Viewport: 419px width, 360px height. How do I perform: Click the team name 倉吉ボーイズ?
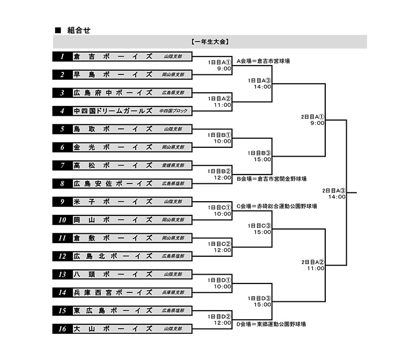tap(113, 57)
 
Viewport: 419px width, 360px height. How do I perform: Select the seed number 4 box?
tap(62, 111)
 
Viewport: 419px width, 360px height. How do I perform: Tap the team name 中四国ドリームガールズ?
tap(113, 111)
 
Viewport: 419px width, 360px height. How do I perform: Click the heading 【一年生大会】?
tap(210, 41)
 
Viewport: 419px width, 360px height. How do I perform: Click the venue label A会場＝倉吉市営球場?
tap(263, 61)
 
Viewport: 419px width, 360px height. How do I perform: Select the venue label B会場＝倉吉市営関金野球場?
tap(271, 179)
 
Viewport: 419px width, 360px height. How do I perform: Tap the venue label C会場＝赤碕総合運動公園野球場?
tap(277, 206)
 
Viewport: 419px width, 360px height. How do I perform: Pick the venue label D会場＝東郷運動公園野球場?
tap(271, 324)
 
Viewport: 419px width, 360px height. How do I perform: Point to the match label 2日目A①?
tap(313, 116)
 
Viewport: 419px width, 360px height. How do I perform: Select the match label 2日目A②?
tap(313, 261)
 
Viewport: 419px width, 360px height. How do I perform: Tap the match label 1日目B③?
tap(260, 153)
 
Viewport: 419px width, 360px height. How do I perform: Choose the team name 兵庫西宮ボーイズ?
tap(113, 292)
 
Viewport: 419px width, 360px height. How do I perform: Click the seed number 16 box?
tap(62, 329)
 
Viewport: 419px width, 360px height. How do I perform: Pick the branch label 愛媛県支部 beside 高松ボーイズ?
tap(173, 166)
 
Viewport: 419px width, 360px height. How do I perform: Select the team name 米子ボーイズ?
tap(113, 202)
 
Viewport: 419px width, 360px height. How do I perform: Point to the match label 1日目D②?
tap(219, 317)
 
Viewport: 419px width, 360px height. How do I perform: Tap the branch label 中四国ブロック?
tap(173, 111)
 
